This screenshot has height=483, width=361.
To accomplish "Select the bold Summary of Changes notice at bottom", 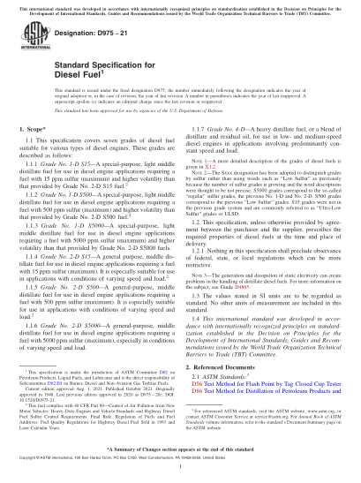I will coord(180,462).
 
